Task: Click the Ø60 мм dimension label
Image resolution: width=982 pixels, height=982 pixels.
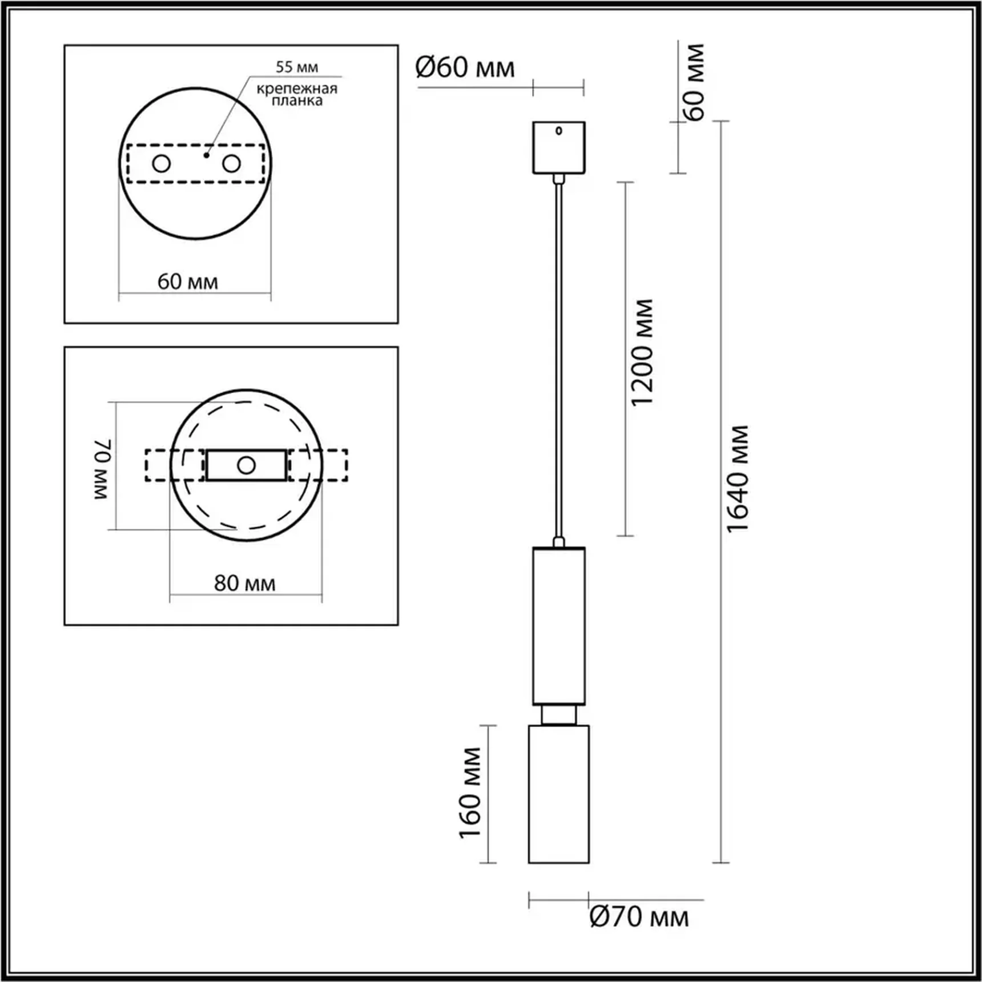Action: (x=465, y=68)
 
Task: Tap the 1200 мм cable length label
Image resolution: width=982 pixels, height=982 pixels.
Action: (x=642, y=352)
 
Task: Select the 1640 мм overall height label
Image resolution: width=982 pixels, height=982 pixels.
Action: (x=737, y=478)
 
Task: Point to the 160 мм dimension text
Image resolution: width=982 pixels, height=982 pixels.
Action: (x=470, y=793)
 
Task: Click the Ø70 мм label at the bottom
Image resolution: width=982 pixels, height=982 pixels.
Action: (x=639, y=917)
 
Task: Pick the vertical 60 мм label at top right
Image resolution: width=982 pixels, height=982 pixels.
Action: (x=694, y=82)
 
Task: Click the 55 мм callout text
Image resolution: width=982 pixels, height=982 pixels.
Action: (x=297, y=67)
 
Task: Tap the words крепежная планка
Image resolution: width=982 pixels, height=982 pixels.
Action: (x=297, y=95)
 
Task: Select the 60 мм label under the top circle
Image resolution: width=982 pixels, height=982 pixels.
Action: (x=187, y=282)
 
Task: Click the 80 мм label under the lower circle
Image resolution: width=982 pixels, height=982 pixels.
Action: (x=244, y=583)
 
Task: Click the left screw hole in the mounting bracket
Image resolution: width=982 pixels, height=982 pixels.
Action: (x=162, y=164)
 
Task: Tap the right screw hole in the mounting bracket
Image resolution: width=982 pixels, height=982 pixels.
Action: (x=231, y=164)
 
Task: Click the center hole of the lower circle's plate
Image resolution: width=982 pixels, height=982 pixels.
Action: (x=246, y=465)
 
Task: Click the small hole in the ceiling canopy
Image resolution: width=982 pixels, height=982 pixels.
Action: (x=558, y=131)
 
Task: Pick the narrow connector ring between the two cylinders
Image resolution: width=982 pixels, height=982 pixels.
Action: (x=558, y=715)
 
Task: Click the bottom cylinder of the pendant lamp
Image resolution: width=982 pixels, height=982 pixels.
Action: (x=558, y=794)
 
